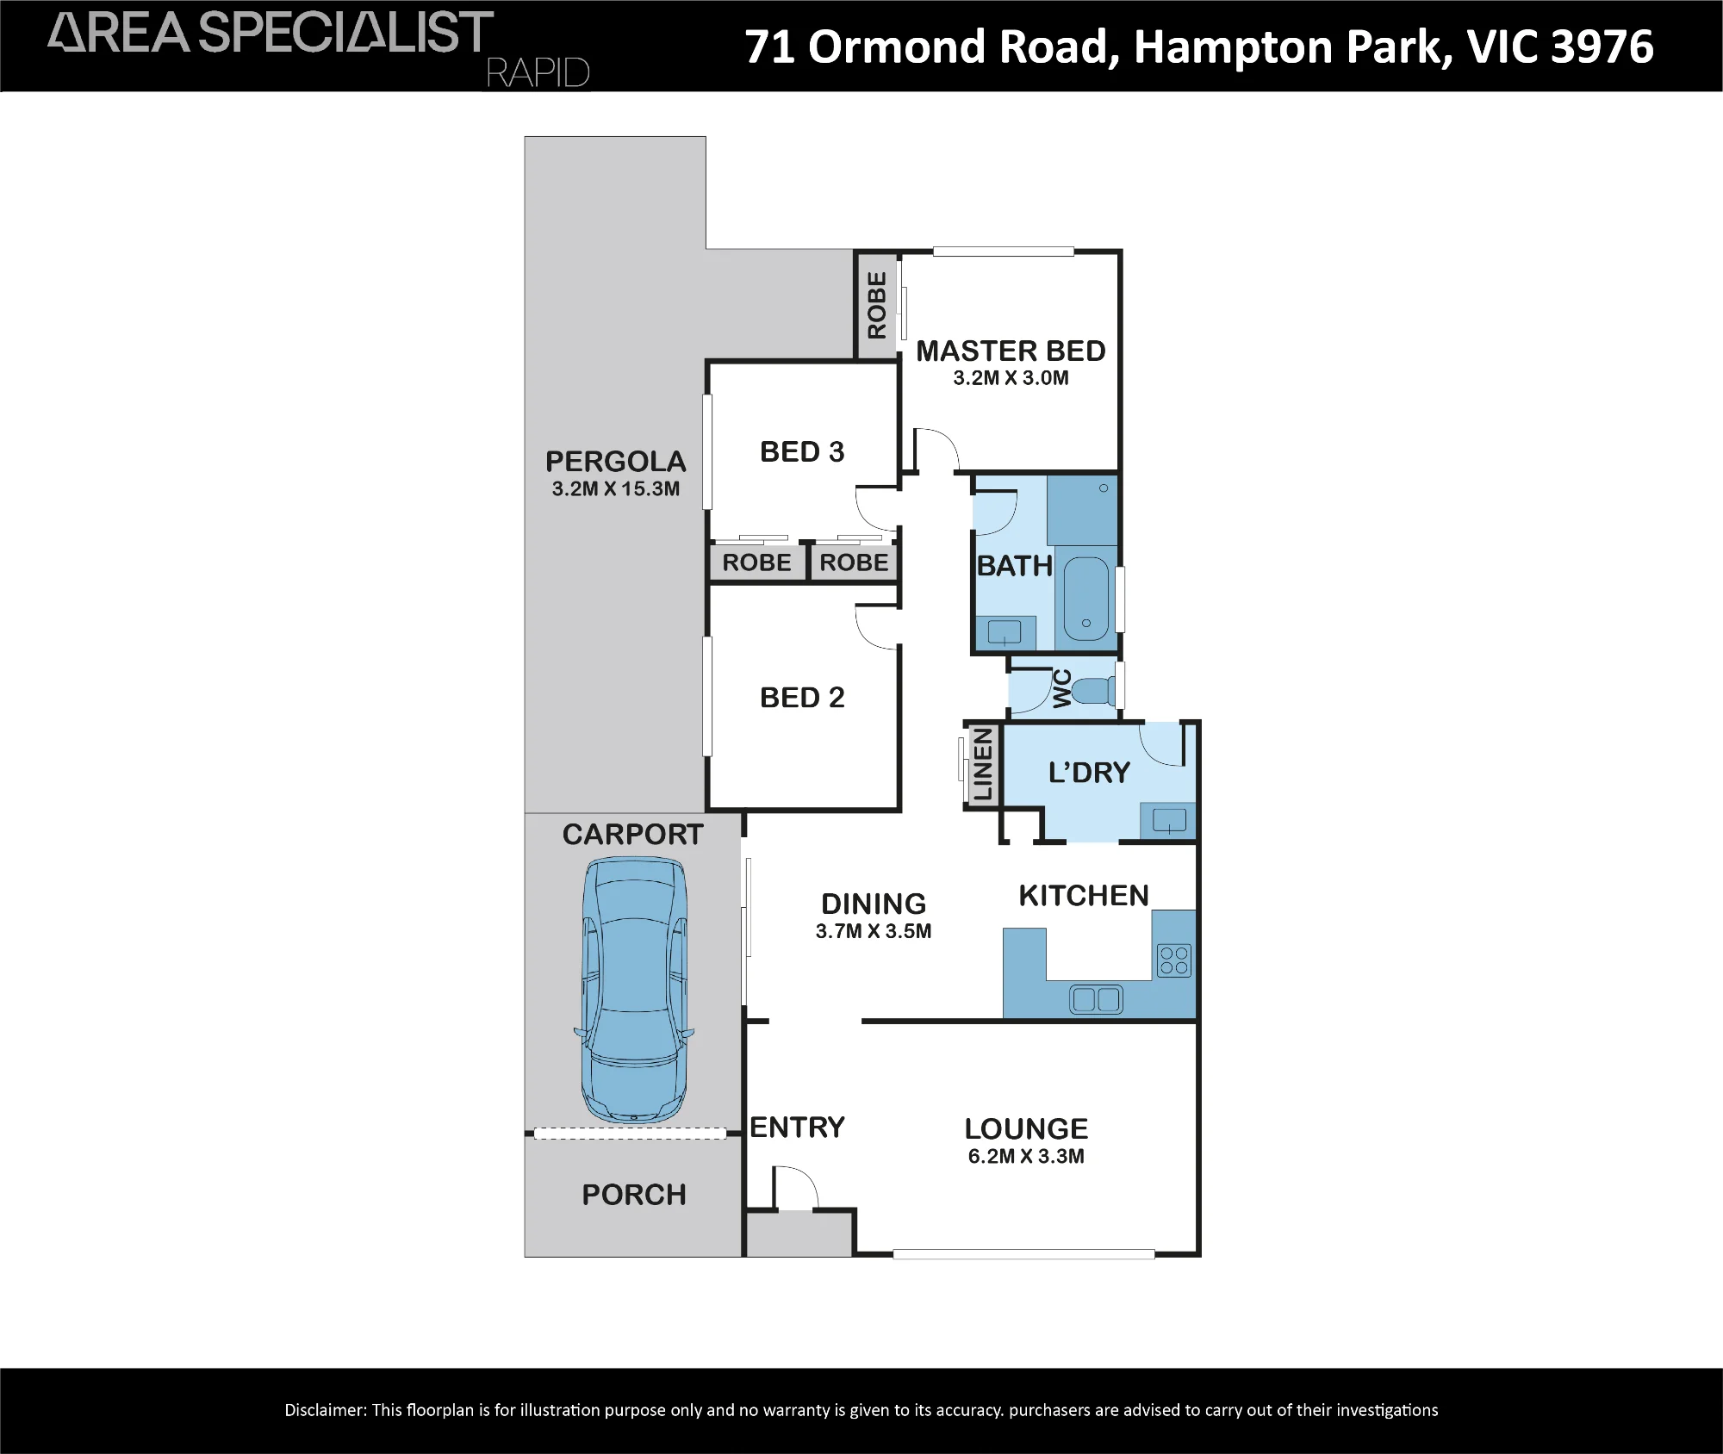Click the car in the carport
pyautogui.click(x=634, y=991)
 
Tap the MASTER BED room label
pyautogui.click(x=1011, y=351)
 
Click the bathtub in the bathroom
pyautogui.click(x=1086, y=599)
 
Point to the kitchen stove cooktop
pyautogui.click(x=1174, y=960)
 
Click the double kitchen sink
pyautogui.click(x=1096, y=999)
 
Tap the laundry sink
pyautogui.click(x=1169, y=821)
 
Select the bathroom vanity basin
pyautogui.click(x=1005, y=632)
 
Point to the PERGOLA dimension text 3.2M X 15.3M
pyautogui.click(x=616, y=488)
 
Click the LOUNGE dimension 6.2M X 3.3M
pyautogui.click(x=1026, y=1156)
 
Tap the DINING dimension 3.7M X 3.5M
pyautogui.click(x=874, y=931)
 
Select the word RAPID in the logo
pyautogui.click(x=538, y=73)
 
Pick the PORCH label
pyautogui.click(x=634, y=1195)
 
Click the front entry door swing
pyautogui.click(x=795, y=1187)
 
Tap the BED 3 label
pyautogui.click(x=802, y=451)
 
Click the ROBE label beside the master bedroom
pyautogui.click(x=877, y=305)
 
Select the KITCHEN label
pyautogui.click(x=1084, y=896)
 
